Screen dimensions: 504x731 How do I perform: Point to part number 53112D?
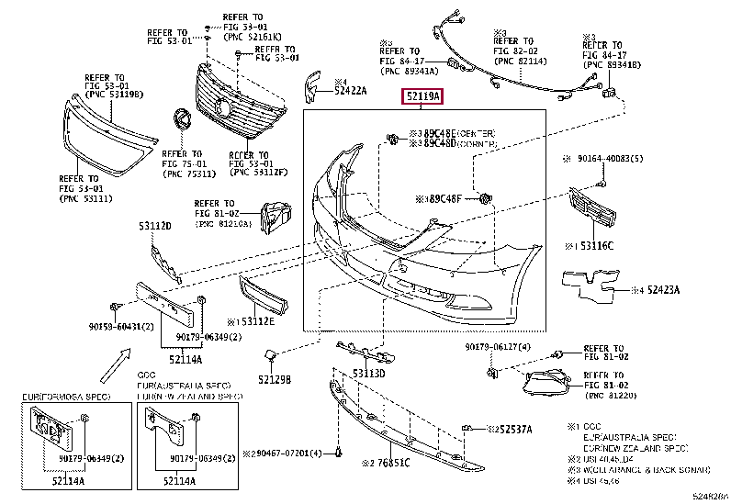click(x=155, y=225)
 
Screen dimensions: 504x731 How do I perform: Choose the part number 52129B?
click(x=274, y=379)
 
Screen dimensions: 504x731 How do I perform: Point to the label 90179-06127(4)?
click(x=498, y=347)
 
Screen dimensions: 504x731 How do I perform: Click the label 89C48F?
click(x=444, y=196)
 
